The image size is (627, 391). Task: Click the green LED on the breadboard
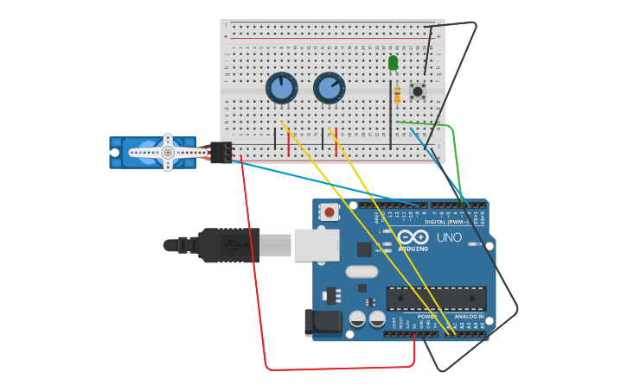393,62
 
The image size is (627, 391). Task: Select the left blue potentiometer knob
281,88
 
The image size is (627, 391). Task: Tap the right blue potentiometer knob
329,88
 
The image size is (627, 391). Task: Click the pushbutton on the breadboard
418,91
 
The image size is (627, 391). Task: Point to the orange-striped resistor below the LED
397,95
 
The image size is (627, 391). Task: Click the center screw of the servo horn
168,153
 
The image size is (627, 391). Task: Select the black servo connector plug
221,153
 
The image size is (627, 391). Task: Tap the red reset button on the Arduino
329,211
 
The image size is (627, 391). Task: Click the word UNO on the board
449,237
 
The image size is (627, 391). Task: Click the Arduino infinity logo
413,236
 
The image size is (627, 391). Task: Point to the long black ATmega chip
436,298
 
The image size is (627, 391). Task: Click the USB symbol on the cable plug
227,245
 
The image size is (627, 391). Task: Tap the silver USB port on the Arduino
317,245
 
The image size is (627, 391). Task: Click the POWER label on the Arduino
427,316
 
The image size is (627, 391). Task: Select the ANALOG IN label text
470,316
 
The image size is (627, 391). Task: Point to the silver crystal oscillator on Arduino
361,271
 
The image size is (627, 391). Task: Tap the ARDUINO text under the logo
413,249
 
